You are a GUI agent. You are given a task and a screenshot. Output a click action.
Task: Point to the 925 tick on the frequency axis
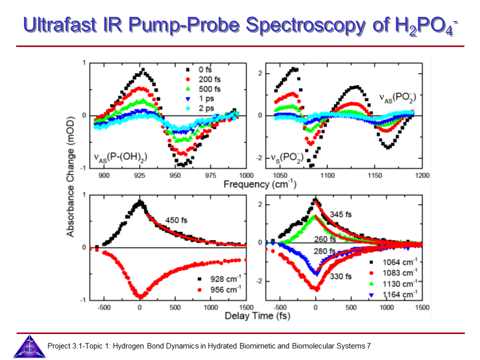coord(140,175)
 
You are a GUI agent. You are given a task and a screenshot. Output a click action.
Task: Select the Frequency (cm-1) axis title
coord(259,183)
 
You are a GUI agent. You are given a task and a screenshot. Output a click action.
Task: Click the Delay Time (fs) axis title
coord(257,315)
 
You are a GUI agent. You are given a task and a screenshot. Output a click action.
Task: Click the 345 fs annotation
coord(341,214)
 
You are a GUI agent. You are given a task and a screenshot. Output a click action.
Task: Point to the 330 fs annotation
coord(340,276)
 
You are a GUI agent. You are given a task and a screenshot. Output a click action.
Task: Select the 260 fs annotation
coord(325,239)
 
